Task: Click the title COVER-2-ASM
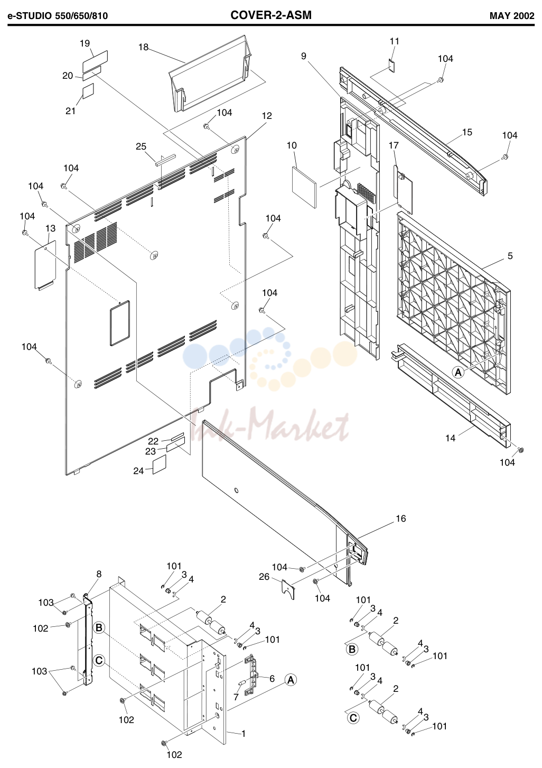[271, 15]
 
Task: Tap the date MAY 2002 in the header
[512, 16]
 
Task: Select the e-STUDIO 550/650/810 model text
[58, 16]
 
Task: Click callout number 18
[143, 48]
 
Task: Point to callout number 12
[267, 116]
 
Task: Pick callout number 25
[141, 146]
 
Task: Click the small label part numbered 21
[88, 90]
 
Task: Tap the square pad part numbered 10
[304, 187]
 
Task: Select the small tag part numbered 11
[391, 66]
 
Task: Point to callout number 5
[510, 256]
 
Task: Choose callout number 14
[450, 438]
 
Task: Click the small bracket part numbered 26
[288, 589]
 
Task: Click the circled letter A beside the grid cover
[459, 372]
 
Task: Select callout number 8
[99, 574]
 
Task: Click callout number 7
[236, 697]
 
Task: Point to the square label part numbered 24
[160, 465]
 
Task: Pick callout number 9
[304, 56]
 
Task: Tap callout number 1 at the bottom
[244, 734]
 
